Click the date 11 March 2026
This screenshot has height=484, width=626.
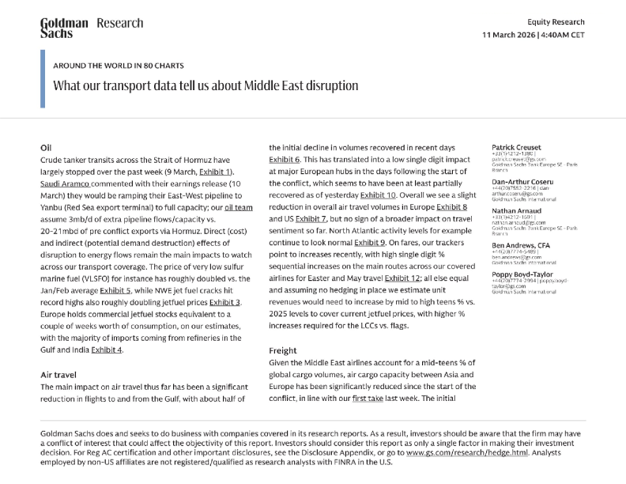point(511,36)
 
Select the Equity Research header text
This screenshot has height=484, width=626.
point(556,22)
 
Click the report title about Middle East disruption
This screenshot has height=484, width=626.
point(206,85)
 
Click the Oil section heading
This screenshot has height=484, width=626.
point(46,148)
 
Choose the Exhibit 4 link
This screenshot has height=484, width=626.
point(107,350)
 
